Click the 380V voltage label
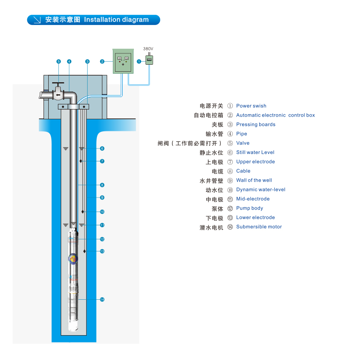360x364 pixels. point(148,49)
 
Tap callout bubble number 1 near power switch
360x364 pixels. point(139,61)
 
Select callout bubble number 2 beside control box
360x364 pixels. point(102,61)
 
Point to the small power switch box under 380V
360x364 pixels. point(149,60)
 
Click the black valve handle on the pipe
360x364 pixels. point(58,84)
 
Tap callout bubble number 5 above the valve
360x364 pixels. point(59,61)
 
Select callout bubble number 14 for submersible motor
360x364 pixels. point(102,299)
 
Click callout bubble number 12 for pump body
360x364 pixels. point(102,239)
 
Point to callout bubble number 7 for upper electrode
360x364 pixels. point(102,161)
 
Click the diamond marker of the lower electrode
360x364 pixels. point(84,251)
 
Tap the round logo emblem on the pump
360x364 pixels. point(73,258)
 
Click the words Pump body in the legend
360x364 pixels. point(249,208)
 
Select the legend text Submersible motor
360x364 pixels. point(259,227)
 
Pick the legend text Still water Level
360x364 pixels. point(255,152)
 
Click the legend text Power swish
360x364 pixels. point(251,106)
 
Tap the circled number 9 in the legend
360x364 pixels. point(230,180)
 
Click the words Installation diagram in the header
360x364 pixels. point(116,19)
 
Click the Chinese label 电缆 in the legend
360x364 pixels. point(217,171)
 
